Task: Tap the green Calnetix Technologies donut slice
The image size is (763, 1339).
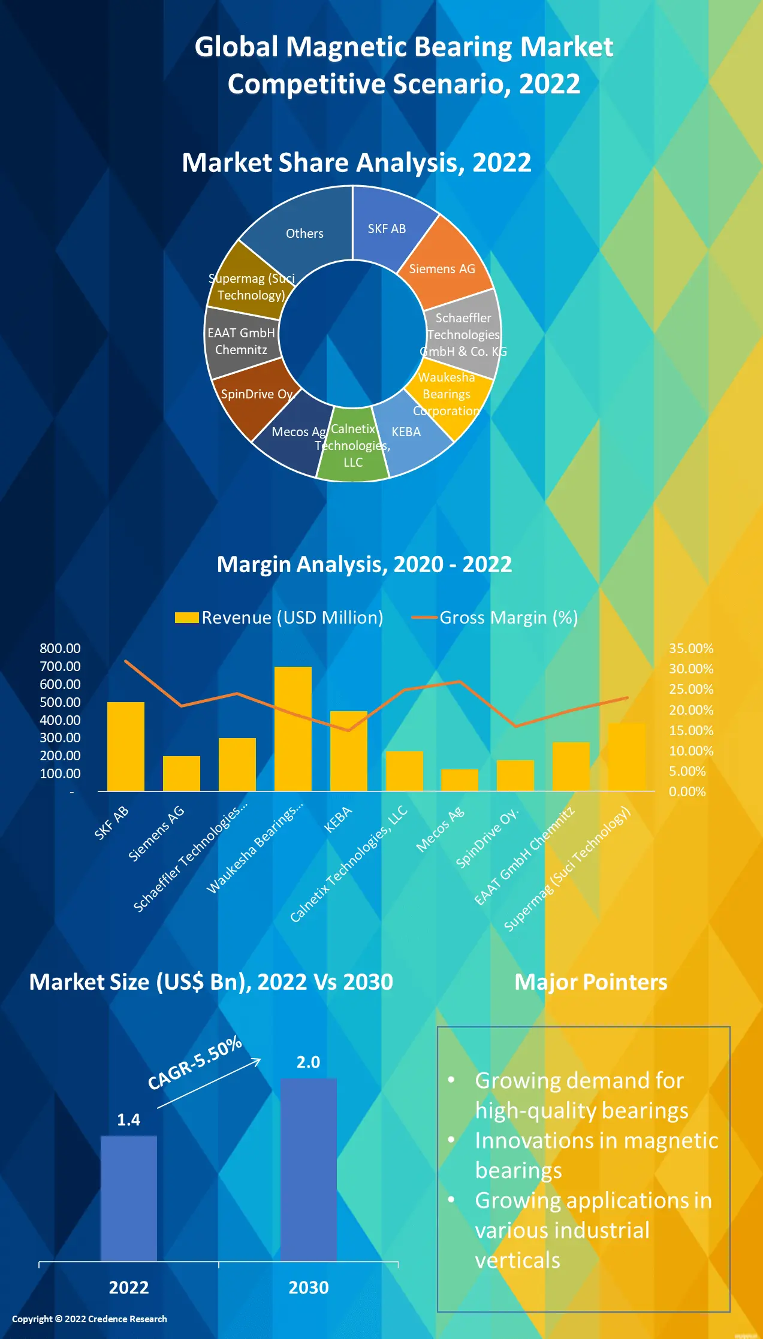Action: coord(353,446)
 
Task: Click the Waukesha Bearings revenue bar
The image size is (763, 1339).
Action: coord(292,729)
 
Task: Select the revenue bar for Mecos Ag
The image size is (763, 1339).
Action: coord(459,779)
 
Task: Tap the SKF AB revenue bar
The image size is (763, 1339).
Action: coord(125,746)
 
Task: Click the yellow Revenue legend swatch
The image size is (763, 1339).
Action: coord(186,618)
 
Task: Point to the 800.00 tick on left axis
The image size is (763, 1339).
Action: coord(60,648)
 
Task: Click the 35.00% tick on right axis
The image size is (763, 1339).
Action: coord(691,648)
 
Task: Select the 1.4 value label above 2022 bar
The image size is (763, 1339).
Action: coord(128,1120)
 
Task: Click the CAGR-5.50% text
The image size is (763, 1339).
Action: coord(195,1062)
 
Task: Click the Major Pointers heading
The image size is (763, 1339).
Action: coord(590,982)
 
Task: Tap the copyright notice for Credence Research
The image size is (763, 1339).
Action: coord(89,1319)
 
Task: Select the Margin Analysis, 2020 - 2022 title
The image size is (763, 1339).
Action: coord(364,564)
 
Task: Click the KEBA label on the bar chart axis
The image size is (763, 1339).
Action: coord(338,820)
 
